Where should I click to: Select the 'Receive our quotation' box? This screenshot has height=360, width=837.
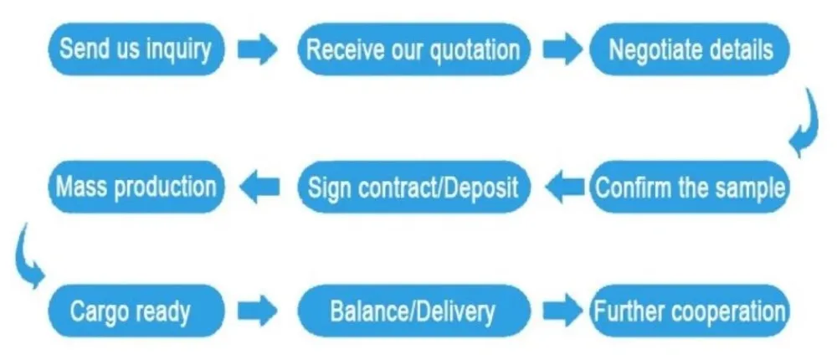pos(413,49)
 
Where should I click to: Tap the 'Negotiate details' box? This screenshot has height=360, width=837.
pos(690,49)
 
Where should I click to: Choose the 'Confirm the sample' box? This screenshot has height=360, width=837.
pos(690,186)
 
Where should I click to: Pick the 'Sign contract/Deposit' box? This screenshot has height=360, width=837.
pos(413,186)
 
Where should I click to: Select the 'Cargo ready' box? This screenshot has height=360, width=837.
pos(130,312)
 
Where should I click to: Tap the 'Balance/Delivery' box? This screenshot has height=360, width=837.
pos(413,312)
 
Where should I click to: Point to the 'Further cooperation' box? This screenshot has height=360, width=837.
pos(690,312)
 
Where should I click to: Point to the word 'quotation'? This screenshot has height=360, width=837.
pos(475,50)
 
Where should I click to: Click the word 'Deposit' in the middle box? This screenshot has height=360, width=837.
pos(480,186)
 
